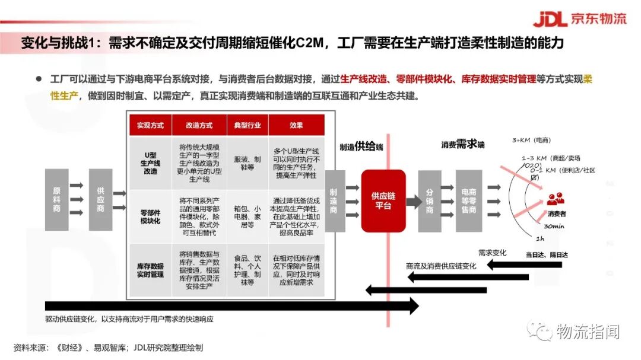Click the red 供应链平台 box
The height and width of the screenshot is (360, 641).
tap(383, 200)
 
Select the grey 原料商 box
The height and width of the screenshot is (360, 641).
tap(57, 200)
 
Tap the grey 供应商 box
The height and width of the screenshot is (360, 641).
tap(100, 200)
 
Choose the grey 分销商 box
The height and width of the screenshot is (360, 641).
tap(430, 200)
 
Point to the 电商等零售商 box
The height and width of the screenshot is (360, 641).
tap(468, 200)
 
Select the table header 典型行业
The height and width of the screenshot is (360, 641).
tap(247, 126)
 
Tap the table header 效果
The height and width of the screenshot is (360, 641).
tap(296, 126)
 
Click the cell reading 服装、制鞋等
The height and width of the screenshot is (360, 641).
tap(247, 163)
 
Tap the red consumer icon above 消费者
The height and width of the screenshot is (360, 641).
tap(556, 200)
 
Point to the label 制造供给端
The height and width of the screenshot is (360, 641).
tap(361, 146)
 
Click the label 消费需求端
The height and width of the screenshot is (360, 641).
tap(462, 144)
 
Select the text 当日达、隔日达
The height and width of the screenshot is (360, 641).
tap(547, 254)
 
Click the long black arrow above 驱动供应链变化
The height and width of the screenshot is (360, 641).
tap(231, 305)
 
